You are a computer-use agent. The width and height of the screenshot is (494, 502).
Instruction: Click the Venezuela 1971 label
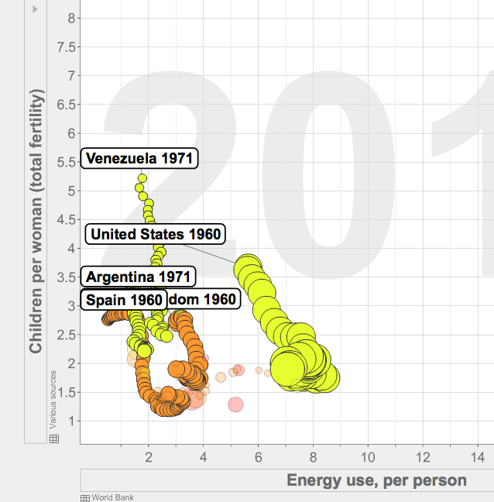pos(140,159)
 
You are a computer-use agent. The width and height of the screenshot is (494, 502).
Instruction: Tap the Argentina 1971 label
pos(138,277)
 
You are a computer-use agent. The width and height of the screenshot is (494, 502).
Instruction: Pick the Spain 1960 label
pos(124,300)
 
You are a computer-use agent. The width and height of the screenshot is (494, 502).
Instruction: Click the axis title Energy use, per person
pos(376,480)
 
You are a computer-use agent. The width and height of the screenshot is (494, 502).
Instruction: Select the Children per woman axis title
pos(36,221)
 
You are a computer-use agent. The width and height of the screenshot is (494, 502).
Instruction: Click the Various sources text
pos(53,400)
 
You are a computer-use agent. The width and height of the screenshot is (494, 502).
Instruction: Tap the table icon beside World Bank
pos(85,497)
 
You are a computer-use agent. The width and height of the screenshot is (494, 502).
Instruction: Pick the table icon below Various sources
pos(54,439)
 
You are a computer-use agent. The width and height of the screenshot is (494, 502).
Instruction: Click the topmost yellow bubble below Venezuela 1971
pos(142,178)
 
